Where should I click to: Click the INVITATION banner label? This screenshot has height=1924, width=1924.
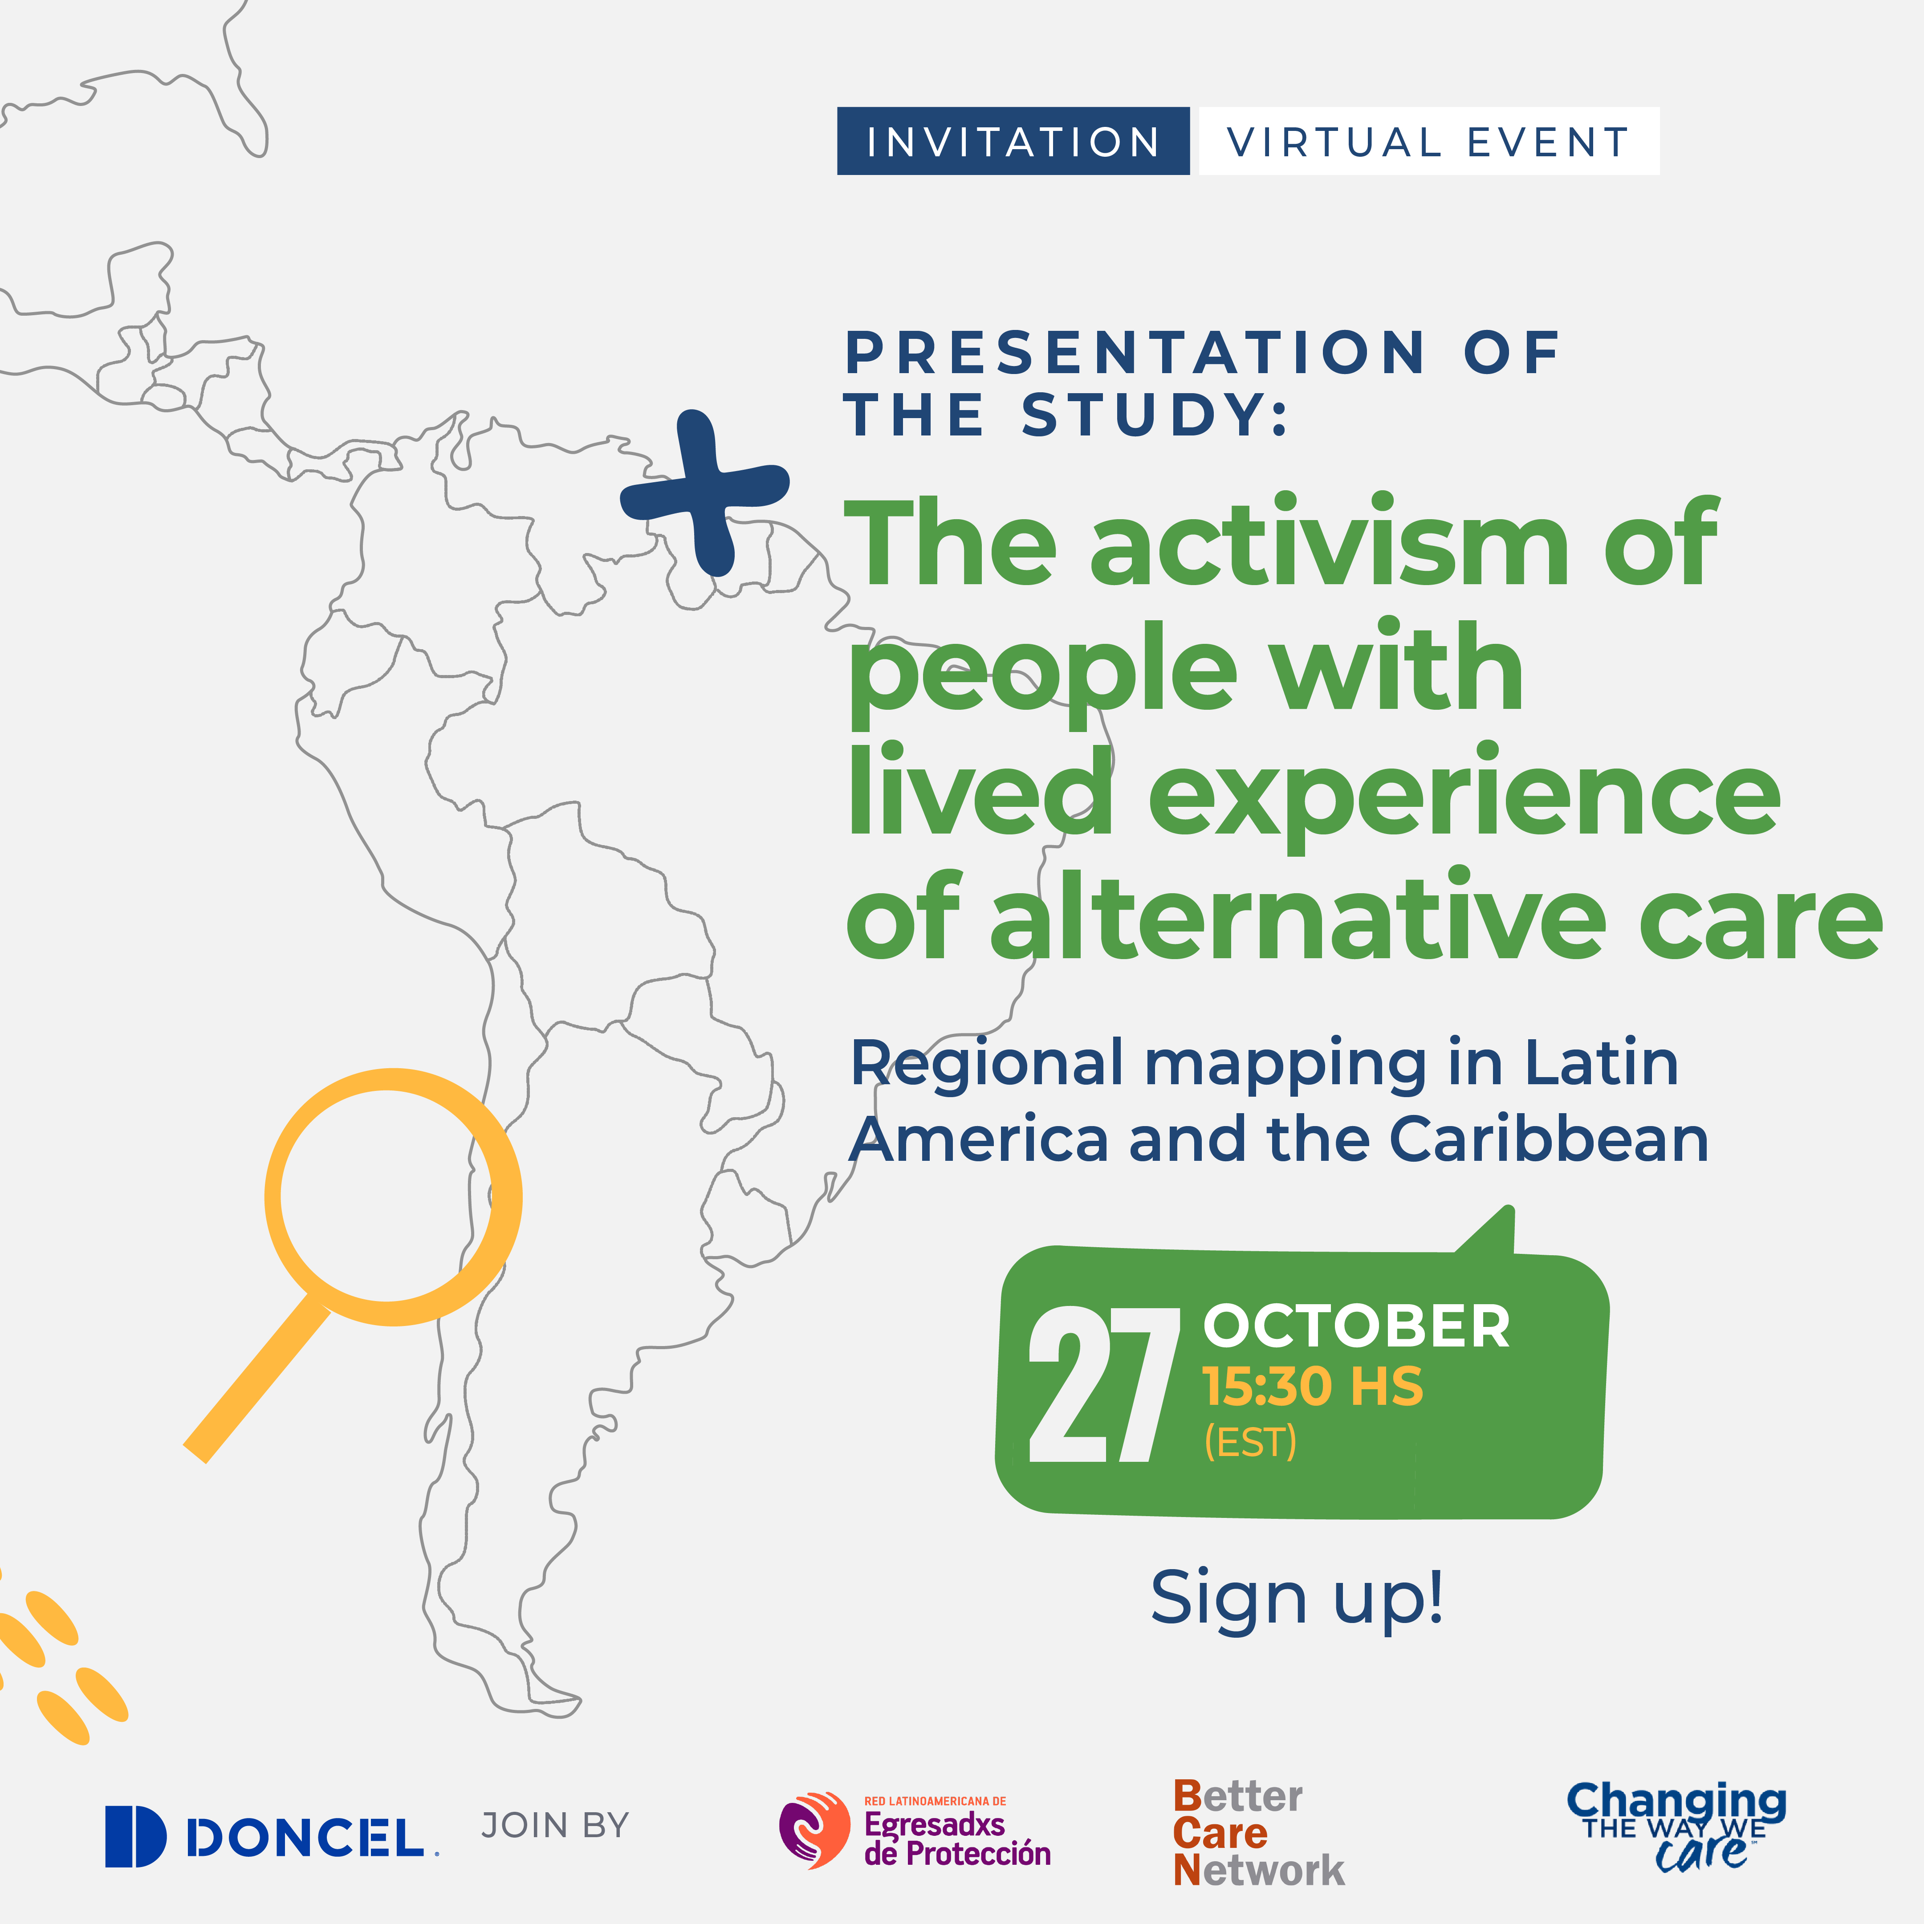pos(1013,142)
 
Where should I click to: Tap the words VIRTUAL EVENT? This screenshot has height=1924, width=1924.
pos(1428,142)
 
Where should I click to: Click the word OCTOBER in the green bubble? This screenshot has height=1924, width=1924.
pos(1356,1326)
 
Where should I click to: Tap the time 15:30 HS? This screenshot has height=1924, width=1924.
pos(1313,1386)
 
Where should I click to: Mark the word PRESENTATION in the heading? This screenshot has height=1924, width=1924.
pos(1135,353)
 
